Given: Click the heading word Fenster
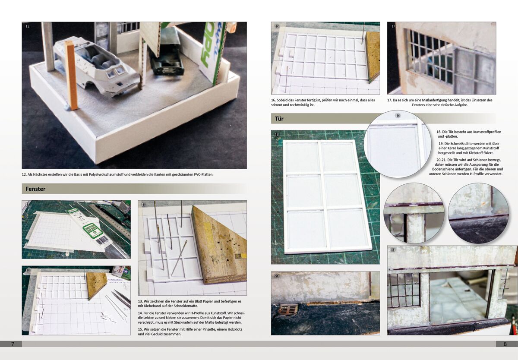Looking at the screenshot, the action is (35, 189).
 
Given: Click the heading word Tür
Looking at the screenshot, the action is (279, 119).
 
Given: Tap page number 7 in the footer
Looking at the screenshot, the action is (13, 344).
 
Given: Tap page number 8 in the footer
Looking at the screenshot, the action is (505, 344).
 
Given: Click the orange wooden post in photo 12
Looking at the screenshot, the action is (72, 75).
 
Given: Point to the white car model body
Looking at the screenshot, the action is (96, 67).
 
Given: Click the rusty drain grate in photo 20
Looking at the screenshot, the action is (288, 309).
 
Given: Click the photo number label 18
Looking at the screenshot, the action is (277, 134).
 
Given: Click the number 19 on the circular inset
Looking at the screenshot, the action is (398, 115).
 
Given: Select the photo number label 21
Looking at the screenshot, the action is (393, 250).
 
